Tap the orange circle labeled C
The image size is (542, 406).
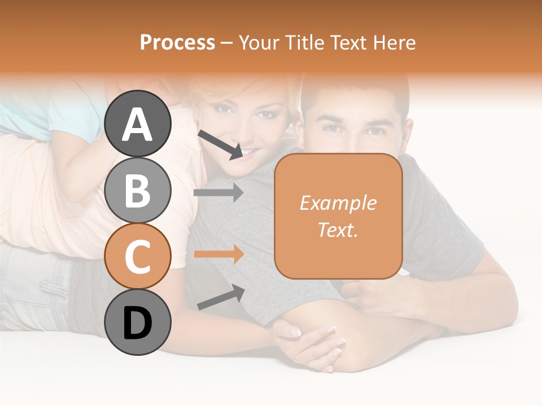(x=138, y=257)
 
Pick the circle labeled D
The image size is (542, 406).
(x=138, y=323)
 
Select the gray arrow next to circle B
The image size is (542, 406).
(x=218, y=193)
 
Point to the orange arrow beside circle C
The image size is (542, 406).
(x=218, y=254)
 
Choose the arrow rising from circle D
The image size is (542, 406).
(x=220, y=297)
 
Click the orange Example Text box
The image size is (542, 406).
(x=338, y=217)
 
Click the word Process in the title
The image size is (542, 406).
(x=177, y=42)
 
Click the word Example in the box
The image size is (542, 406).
(x=338, y=203)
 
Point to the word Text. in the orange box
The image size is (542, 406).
(x=338, y=230)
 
